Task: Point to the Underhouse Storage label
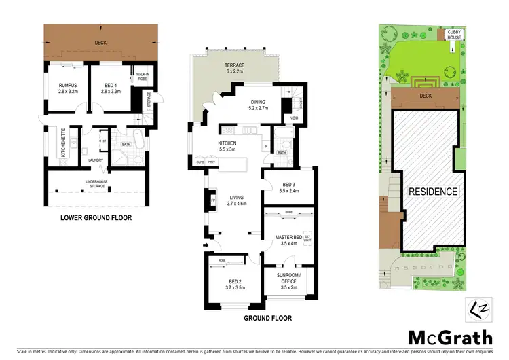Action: point(96,183)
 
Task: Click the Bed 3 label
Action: point(288,187)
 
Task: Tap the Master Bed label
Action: point(288,240)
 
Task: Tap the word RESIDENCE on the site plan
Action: point(432,192)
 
